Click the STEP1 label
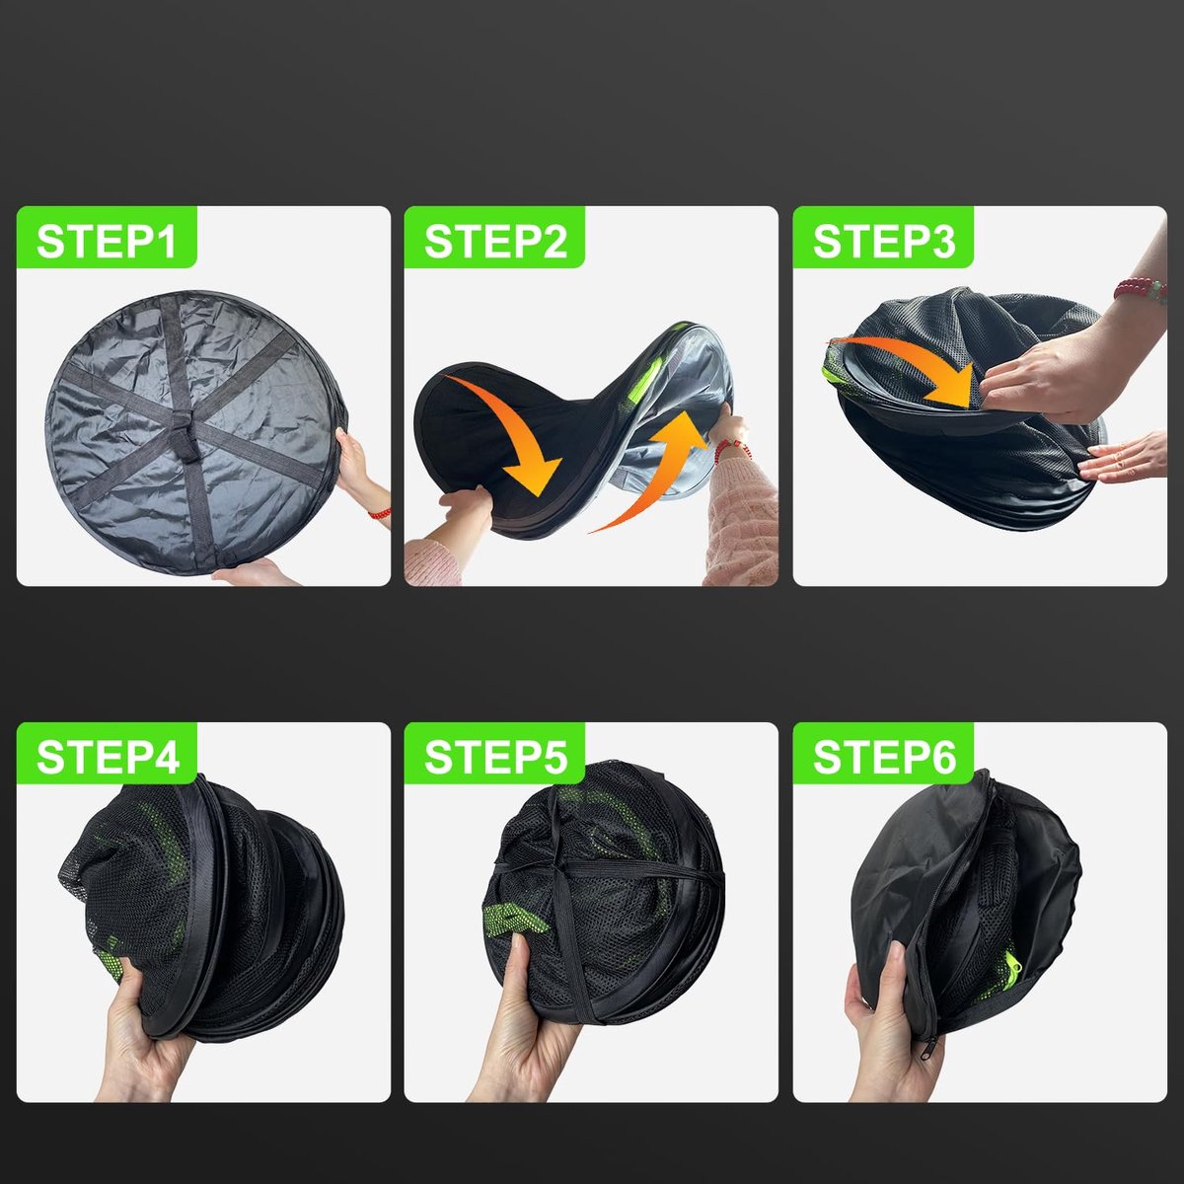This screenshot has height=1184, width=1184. tap(107, 242)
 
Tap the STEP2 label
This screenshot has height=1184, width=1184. tap(495, 242)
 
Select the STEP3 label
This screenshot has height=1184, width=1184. tap(884, 242)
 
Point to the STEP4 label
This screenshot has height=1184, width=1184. tap(108, 758)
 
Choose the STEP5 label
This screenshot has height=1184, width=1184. tap(495, 758)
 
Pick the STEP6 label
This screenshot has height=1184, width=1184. tap(884, 758)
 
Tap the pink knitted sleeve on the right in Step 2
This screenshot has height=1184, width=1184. tap(741, 522)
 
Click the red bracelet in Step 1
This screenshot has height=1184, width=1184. tap(380, 513)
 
